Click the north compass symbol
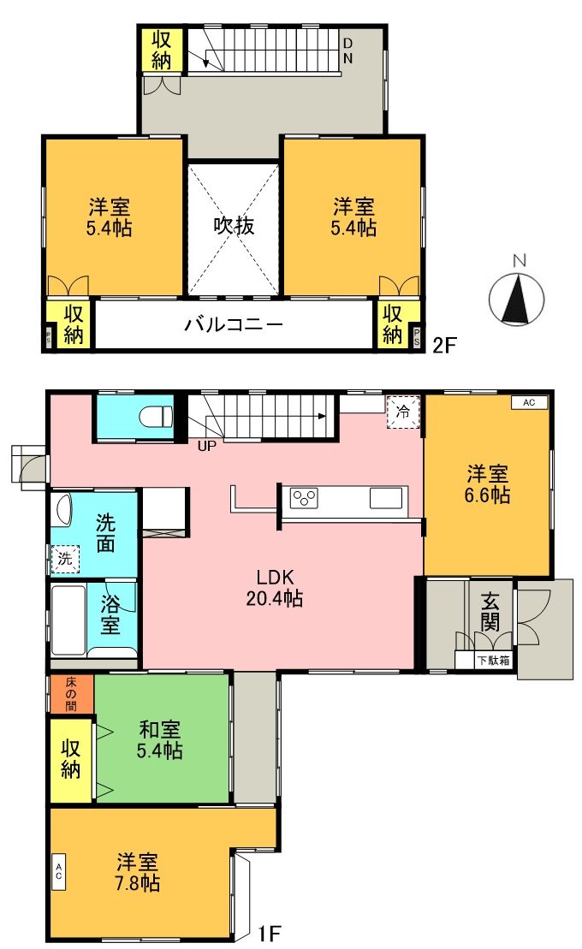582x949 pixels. pos(516,300)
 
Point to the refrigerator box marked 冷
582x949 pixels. pos(402,412)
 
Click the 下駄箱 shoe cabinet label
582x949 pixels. pos(494,660)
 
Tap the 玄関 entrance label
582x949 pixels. pos(490,612)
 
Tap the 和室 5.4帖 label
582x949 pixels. pos(160,739)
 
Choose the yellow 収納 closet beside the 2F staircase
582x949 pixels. pos(162,50)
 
